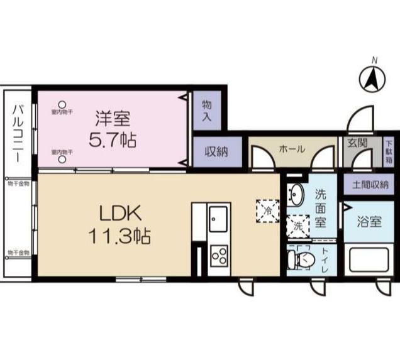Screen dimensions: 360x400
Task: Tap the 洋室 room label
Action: click(x=113, y=117)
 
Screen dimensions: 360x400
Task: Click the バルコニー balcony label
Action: click(x=17, y=133)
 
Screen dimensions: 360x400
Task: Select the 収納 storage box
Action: click(x=215, y=151)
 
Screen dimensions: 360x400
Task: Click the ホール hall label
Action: click(x=292, y=149)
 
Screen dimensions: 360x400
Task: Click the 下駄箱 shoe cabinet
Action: click(x=389, y=151)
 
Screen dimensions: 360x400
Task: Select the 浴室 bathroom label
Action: click(x=370, y=221)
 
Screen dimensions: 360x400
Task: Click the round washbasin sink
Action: click(x=296, y=195)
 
